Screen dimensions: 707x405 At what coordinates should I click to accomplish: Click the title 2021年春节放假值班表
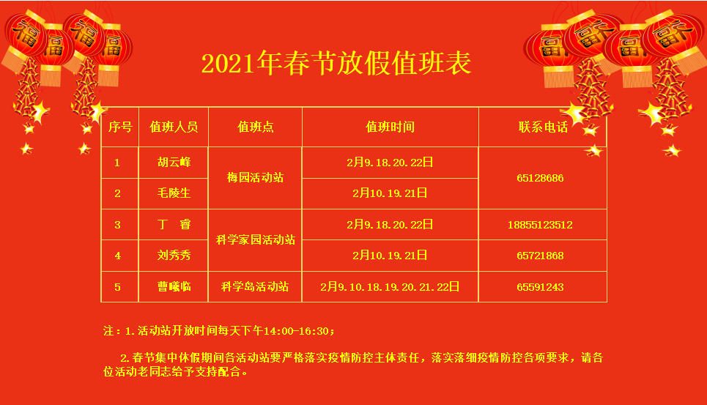tap(336, 63)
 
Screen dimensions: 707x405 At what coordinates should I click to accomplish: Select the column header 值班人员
tap(174, 127)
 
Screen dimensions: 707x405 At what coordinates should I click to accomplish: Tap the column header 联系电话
tap(543, 127)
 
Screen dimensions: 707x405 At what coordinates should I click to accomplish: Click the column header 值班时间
tap(390, 127)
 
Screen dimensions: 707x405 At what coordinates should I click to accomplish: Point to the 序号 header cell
tap(120, 127)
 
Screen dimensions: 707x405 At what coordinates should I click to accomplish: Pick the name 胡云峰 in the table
tap(174, 162)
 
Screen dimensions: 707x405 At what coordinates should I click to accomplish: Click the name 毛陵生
tap(174, 193)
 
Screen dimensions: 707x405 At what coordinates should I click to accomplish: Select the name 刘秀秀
tap(174, 256)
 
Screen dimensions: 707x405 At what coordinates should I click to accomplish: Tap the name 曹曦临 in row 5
tap(174, 287)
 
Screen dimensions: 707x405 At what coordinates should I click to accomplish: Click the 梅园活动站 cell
tap(255, 177)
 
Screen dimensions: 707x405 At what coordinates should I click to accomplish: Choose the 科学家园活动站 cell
tap(255, 239)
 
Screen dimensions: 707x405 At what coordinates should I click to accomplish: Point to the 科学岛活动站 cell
tap(255, 287)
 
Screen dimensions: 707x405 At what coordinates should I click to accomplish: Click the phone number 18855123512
tap(540, 225)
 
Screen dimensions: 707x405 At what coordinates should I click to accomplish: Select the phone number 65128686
tap(540, 178)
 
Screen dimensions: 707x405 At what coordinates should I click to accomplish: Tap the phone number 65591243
tap(540, 287)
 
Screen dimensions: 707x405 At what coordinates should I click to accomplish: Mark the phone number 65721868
tap(540, 256)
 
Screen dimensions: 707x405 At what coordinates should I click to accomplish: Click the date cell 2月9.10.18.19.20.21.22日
tap(390, 287)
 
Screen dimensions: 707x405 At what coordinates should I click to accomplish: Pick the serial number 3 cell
tap(118, 225)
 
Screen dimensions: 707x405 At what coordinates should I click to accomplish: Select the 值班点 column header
tap(255, 127)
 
